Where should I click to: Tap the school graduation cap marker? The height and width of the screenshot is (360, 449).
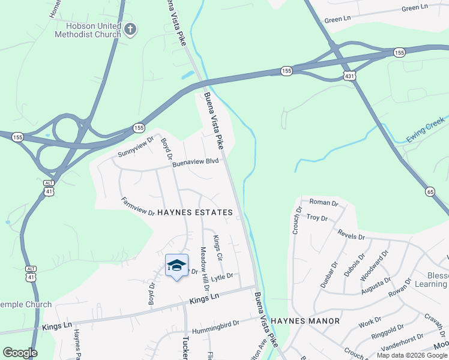[x=176, y=265]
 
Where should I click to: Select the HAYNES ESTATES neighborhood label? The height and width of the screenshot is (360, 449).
[x=194, y=212]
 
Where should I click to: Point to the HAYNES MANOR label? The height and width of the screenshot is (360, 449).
[x=305, y=321]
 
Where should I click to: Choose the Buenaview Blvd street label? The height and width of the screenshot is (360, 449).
[x=195, y=162]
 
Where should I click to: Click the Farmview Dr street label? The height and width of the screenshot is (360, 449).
[x=138, y=207]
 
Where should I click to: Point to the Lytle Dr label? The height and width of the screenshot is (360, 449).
[x=221, y=277]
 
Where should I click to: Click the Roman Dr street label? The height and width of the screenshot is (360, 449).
[x=324, y=203]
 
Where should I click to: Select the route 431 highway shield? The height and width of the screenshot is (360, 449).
[x=350, y=76]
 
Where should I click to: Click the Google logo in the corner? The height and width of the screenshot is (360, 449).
[x=20, y=353]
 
